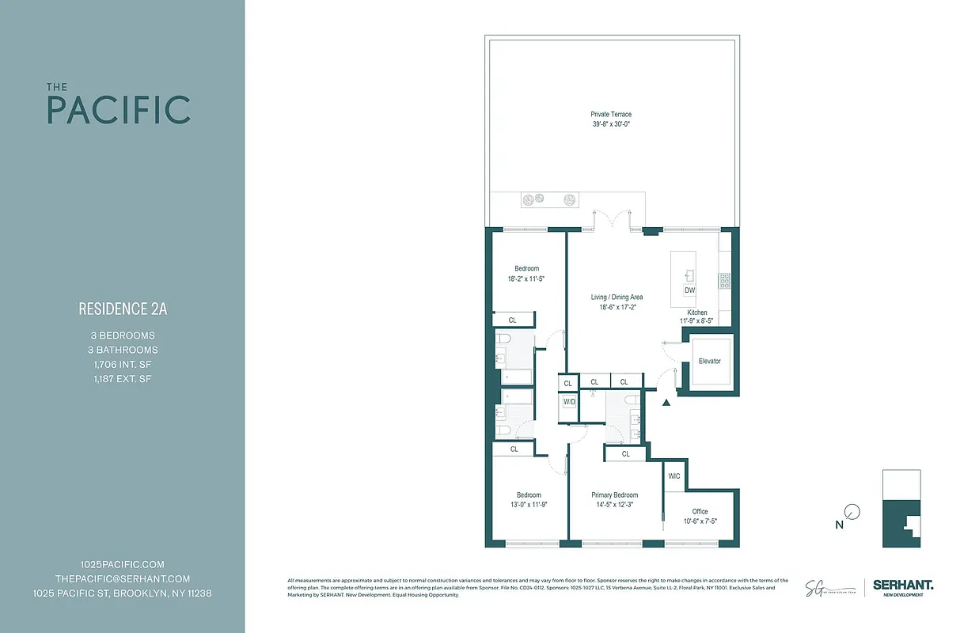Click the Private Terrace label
[x=610, y=115]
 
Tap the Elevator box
[x=709, y=362]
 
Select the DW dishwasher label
[x=689, y=290]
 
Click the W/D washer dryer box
[x=569, y=402]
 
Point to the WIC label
[x=674, y=476]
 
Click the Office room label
[x=700, y=511]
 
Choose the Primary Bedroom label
[x=614, y=495]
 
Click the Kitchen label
[x=696, y=313]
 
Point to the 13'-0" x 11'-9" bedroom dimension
[x=529, y=505]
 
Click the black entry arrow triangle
[x=666, y=403]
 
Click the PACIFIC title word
[x=119, y=110]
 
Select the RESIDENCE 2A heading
[x=123, y=309]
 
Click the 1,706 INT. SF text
[x=123, y=364]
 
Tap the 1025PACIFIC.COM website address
[x=123, y=564]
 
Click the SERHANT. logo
[x=903, y=585]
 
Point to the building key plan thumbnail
[x=901, y=508]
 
